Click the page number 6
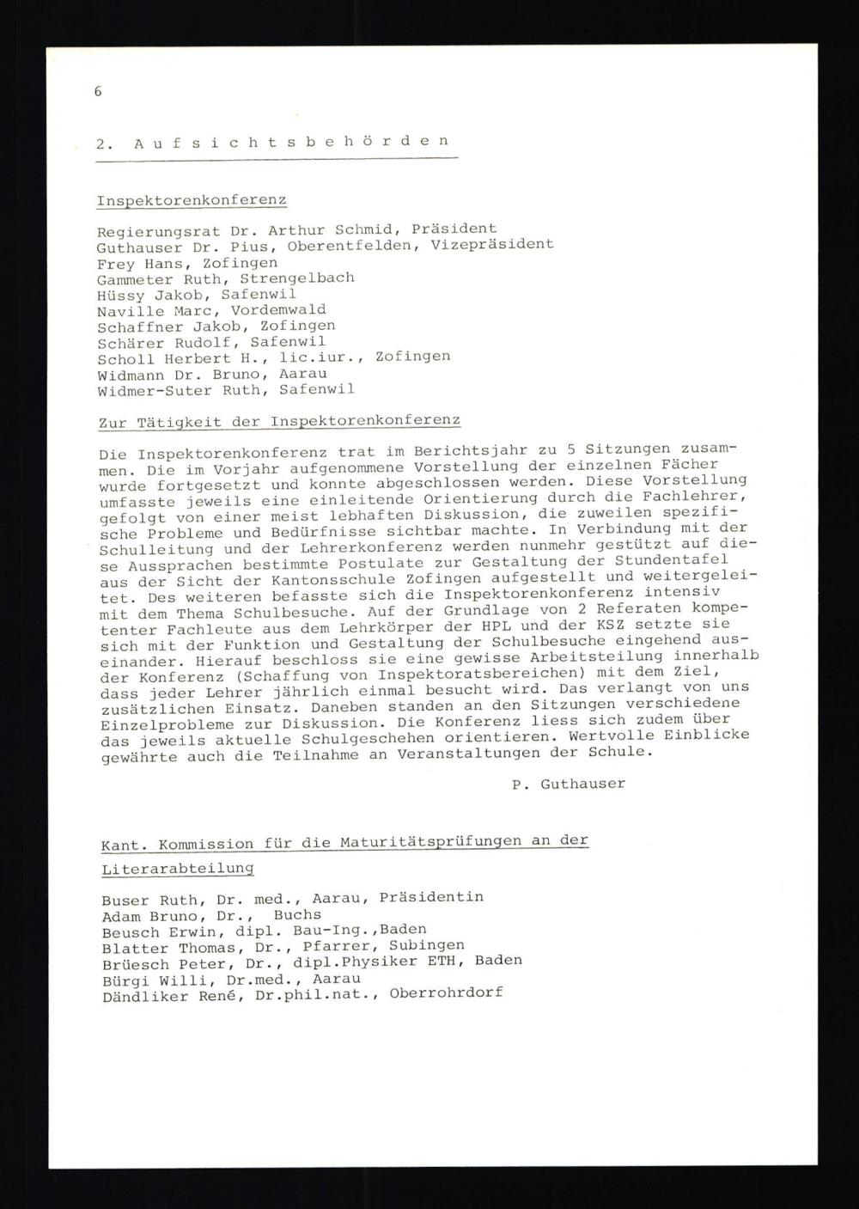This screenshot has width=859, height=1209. [98, 91]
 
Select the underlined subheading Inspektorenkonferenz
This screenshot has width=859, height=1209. [192, 201]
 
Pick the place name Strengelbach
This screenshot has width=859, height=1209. [296, 278]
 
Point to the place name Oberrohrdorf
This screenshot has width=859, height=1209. [446, 993]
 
